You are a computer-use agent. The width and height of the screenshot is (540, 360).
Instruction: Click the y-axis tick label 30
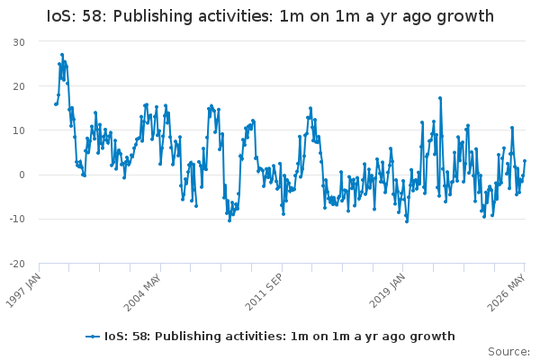[x=19, y=42]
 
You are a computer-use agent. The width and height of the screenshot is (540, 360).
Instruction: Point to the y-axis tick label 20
[x=19, y=86]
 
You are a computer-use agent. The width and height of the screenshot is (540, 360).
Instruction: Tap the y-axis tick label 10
[x=19, y=130]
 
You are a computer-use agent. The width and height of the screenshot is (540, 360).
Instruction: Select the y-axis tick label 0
[x=22, y=175]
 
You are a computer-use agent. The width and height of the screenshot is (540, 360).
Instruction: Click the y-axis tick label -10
[x=17, y=219]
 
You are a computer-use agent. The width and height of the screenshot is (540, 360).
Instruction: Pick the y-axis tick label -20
[x=17, y=265]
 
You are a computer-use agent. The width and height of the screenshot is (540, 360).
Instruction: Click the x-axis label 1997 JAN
[x=23, y=291]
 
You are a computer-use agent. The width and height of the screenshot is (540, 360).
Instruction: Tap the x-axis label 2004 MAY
[x=142, y=292]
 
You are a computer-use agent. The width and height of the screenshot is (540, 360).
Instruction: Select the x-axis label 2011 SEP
[x=264, y=292]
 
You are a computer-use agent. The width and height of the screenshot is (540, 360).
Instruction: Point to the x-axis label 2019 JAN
[x=387, y=291]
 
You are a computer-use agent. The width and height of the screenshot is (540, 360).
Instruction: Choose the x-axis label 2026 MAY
[x=506, y=292]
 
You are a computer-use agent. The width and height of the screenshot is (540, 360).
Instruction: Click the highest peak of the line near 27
[x=62, y=55]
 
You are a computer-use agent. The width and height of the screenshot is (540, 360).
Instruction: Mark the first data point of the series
[x=56, y=104]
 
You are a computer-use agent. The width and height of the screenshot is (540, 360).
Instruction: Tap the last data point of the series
[x=525, y=161]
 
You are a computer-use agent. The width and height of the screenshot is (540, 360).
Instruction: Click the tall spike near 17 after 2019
[x=440, y=98]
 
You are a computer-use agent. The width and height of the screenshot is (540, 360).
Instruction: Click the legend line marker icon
[x=93, y=337]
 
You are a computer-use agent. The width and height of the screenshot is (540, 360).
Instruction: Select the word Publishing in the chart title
[x=153, y=16]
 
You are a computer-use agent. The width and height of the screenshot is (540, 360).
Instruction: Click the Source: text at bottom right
[x=508, y=352]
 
